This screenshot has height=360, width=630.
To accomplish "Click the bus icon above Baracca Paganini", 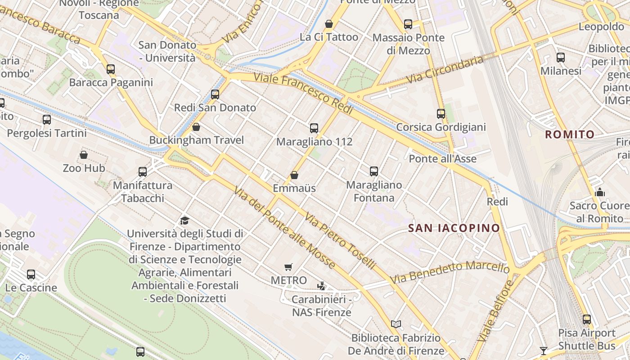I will (x=111, y=69).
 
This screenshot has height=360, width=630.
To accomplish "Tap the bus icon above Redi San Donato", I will (x=215, y=94).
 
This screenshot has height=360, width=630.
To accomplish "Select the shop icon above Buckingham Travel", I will (x=196, y=127).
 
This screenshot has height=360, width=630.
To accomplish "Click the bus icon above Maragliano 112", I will (x=314, y=128).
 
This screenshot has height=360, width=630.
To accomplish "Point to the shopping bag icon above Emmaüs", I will (x=294, y=175).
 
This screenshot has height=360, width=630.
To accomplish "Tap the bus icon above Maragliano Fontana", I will (x=374, y=171).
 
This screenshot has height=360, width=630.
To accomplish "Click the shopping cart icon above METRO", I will (x=288, y=267).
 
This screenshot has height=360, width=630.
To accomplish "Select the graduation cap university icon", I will (x=184, y=220).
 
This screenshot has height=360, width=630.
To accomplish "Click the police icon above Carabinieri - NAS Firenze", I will (x=321, y=286).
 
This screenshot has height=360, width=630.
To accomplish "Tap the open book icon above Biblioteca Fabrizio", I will (x=396, y=324).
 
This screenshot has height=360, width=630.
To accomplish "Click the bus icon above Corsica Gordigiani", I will (x=441, y=114).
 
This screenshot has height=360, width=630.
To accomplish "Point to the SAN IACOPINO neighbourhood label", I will (x=454, y=228).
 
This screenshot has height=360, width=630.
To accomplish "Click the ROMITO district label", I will (x=570, y=134).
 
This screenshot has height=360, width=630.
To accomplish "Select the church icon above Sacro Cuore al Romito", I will (x=599, y=193).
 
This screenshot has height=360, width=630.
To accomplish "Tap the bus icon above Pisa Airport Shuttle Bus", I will (x=587, y=319).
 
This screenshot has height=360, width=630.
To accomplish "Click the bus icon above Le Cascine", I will (x=31, y=274).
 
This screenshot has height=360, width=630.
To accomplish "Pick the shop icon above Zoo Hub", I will (x=84, y=155).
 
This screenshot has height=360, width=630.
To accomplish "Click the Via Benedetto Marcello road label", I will (x=450, y=272).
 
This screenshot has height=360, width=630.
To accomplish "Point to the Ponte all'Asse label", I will (x=442, y=158).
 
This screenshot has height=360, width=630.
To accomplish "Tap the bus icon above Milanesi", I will (x=561, y=58).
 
